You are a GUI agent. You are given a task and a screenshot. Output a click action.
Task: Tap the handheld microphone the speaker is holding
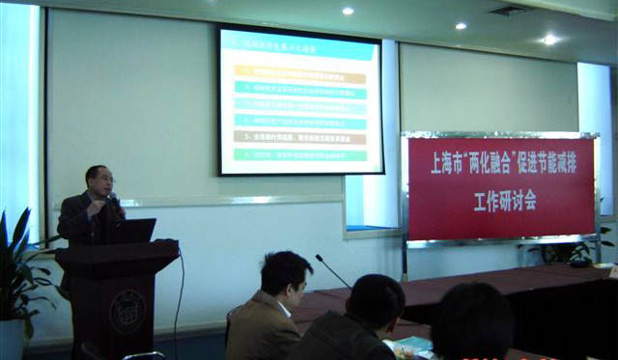tap(113, 199)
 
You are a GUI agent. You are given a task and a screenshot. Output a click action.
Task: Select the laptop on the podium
tap(132, 231)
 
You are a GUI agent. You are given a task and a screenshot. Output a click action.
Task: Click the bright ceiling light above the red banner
tap(548, 40)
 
